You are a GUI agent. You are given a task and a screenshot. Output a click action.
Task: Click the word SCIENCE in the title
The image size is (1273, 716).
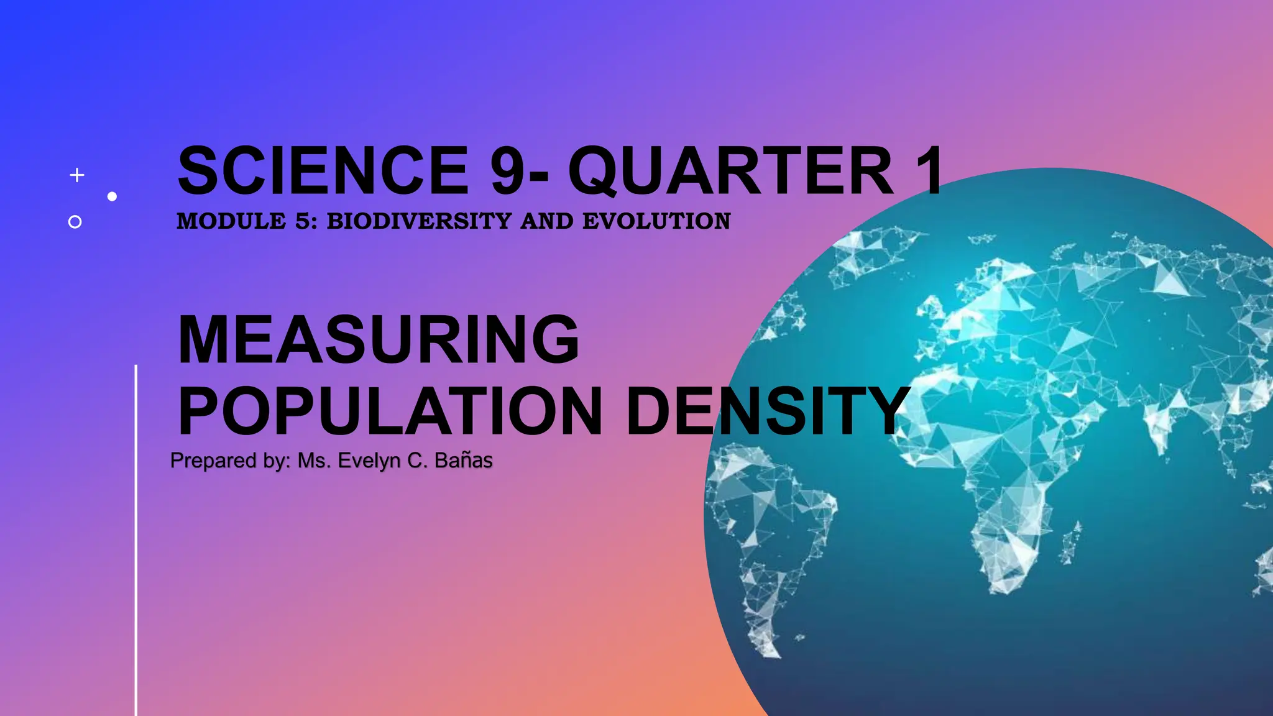[323, 170]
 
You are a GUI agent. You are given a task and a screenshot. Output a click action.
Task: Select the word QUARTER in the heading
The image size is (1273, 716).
[731, 170]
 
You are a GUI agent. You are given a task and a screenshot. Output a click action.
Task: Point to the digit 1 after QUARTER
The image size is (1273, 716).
[929, 170]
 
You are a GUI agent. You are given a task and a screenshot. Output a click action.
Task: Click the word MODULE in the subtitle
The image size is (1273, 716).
[231, 221]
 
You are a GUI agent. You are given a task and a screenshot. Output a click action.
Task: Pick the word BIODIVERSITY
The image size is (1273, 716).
[420, 221]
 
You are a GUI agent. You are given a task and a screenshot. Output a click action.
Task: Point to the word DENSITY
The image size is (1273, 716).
[768, 411]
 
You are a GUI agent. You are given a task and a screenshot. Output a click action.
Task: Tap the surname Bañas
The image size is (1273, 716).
[464, 461]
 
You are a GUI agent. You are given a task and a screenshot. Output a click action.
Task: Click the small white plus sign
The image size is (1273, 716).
[77, 175]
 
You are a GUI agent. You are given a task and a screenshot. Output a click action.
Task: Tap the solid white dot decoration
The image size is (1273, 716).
[112, 196]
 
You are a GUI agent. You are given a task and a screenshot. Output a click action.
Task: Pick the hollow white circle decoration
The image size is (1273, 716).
[75, 222]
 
